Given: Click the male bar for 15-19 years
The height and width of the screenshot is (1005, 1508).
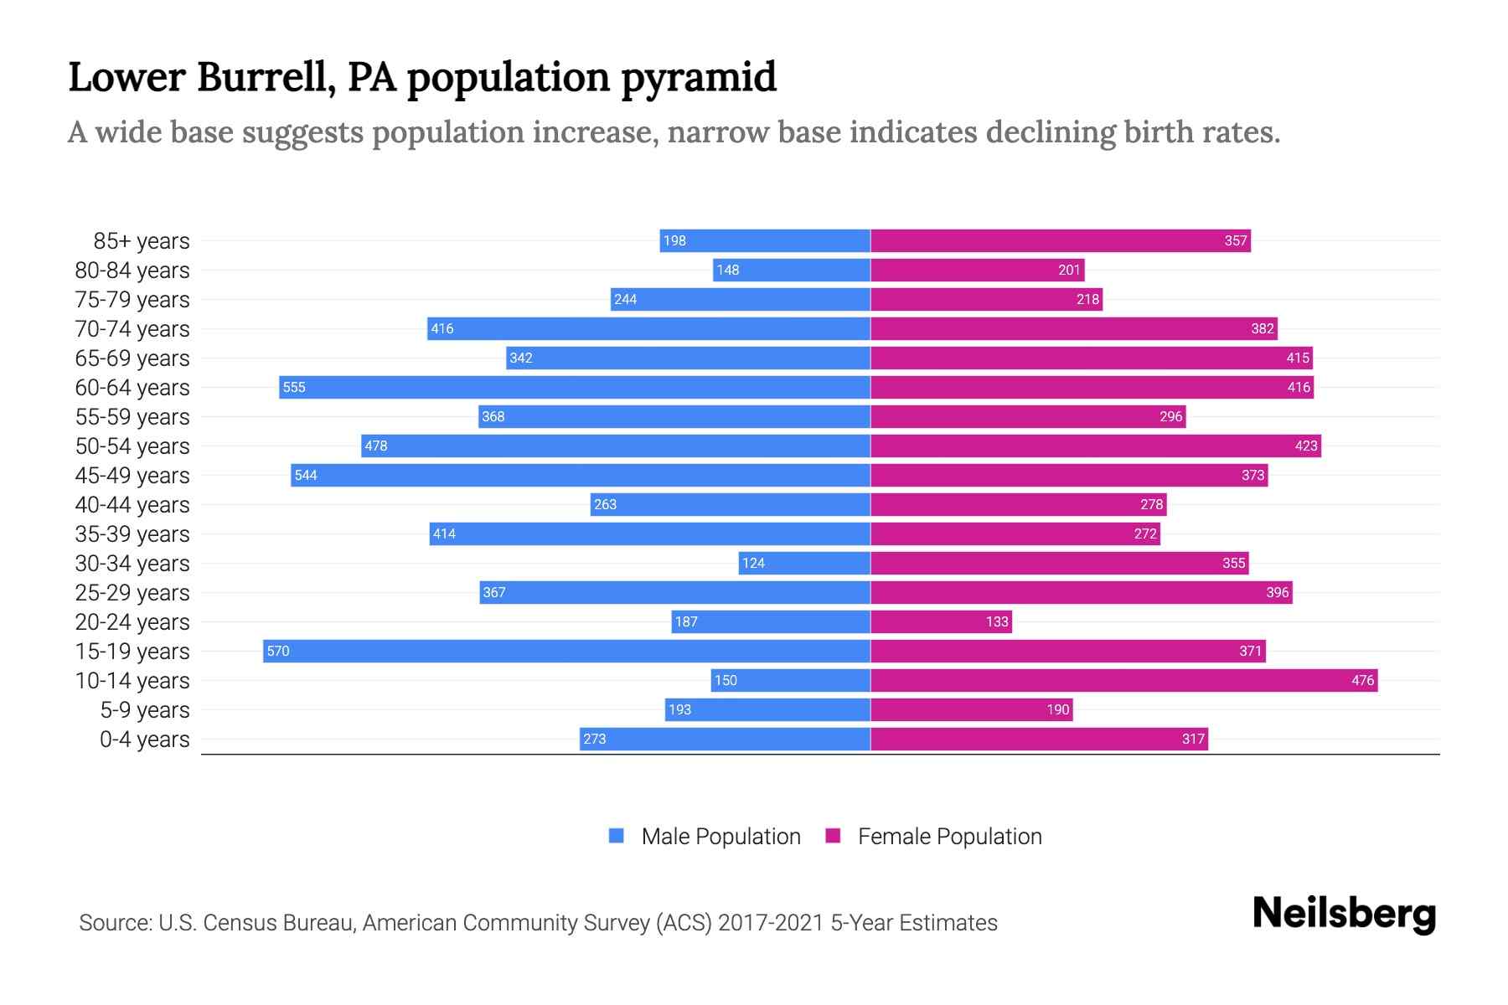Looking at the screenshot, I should (x=566, y=651).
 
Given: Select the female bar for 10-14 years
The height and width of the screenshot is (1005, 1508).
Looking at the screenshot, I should (x=1123, y=680).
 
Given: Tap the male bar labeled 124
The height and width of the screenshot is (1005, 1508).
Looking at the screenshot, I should (x=804, y=563).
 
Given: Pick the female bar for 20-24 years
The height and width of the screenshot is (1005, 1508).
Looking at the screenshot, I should (x=940, y=621).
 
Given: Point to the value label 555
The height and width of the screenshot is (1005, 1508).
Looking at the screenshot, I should (x=294, y=387).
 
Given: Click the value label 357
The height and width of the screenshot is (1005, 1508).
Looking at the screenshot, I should (x=1236, y=240).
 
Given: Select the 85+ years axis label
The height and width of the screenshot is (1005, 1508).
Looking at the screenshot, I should (x=142, y=241).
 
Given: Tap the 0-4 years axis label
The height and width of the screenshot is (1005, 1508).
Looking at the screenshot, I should (x=144, y=740).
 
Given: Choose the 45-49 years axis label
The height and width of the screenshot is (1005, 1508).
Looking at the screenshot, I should (x=132, y=476).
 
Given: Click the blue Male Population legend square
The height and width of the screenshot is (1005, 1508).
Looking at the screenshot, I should (x=617, y=836).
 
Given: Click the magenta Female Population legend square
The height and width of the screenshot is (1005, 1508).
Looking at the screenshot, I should (x=833, y=836).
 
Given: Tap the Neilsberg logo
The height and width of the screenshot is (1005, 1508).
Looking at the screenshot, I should (x=1344, y=914).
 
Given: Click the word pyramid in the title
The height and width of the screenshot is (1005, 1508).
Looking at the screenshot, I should (x=699, y=77).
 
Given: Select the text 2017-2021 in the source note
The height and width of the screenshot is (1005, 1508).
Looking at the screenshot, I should (x=771, y=923).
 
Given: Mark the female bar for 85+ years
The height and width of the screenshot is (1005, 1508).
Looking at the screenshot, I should (x=1060, y=240).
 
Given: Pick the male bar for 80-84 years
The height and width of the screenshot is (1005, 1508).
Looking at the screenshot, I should (x=792, y=270).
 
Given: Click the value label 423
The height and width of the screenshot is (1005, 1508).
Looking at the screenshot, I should (x=1306, y=446).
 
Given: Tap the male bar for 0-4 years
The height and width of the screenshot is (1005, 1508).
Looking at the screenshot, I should (x=725, y=739).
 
